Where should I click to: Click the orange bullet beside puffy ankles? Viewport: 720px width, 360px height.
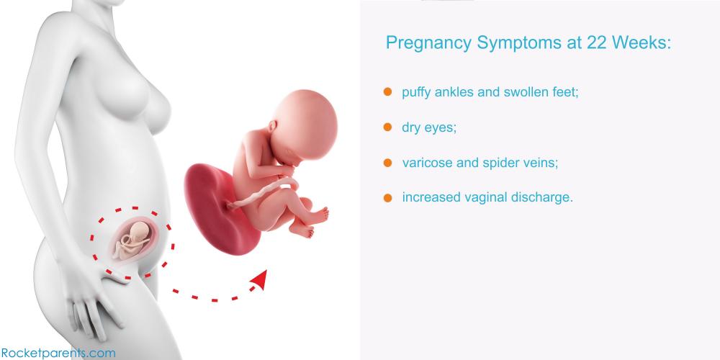tap(387, 92)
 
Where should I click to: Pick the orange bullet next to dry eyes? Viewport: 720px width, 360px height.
tap(387, 127)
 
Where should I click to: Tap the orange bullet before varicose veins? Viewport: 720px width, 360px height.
tap(387, 163)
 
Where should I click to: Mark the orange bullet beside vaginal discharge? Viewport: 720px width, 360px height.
tap(387, 198)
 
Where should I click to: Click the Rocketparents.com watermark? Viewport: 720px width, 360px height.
tap(58, 353)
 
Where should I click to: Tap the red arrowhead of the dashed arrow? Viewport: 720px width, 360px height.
tap(259, 279)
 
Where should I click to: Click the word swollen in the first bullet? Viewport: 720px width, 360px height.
tap(525, 92)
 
